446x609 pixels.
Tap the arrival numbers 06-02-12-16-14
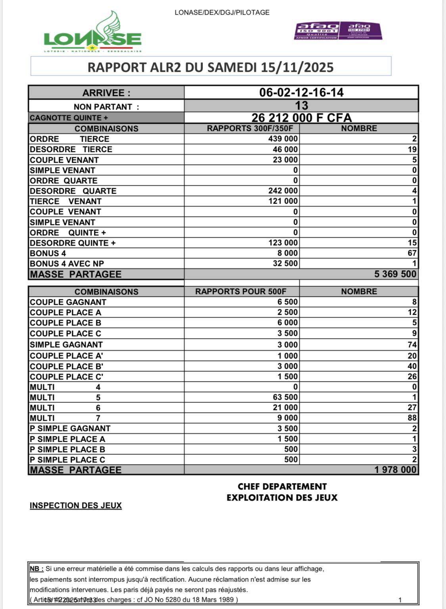tap(301, 93)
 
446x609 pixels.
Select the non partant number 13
tap(301, 106)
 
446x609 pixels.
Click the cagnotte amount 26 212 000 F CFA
tap(301, 118)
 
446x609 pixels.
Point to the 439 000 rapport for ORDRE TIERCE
tap(283, 139)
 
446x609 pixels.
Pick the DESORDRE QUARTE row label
tap(73, 191)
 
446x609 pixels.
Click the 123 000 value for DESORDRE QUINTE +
tap(283, 243)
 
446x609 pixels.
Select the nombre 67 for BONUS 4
tap(412, 253)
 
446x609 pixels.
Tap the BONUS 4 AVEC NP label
tap(67, 264)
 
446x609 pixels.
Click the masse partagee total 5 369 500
tap(395, 274)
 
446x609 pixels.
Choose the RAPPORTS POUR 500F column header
tap(241, 291)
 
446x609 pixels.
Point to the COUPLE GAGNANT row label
tap(68, 302)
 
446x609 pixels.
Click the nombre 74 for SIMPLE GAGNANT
tap(412, 345)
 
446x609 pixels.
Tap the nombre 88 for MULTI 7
tap(412, 418)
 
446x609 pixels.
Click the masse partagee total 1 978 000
tap(395, 470)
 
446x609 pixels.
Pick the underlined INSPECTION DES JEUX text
tap(76, 506)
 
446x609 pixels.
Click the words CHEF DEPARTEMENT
tap(282, 487)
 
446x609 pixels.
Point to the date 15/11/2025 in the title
tap(297, 67)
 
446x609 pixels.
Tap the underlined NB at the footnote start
tap(36, 569)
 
